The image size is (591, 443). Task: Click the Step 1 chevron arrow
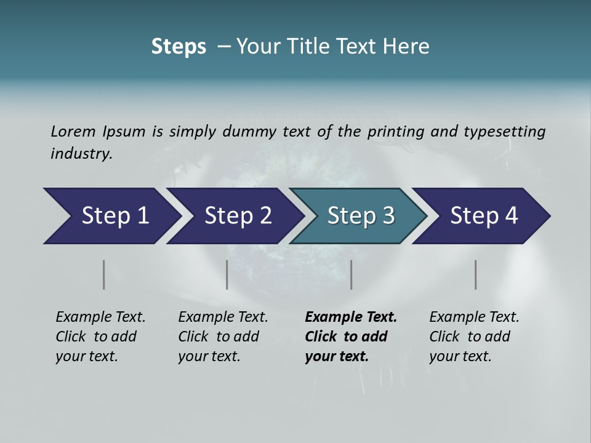(x=111, y=216)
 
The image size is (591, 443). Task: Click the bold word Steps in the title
(x=179, y=47)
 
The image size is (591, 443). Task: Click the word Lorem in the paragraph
(x=73, y=131)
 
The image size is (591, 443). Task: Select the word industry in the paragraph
(x=81, y=153)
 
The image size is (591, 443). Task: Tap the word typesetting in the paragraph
(x=504, y=131)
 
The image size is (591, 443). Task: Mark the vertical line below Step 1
(x=104, y=274)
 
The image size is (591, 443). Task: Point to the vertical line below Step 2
(x=227, y=274)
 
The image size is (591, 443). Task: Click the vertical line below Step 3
(x=352, y=274)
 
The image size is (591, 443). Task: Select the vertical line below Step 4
(x=476, y=274)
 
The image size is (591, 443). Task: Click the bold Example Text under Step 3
(x=351, y=317)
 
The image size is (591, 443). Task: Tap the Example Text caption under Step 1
(x=100, y=317)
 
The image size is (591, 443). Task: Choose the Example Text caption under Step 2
(x=223, y=317)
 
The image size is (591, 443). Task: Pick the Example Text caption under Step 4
(x=474, y=317)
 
